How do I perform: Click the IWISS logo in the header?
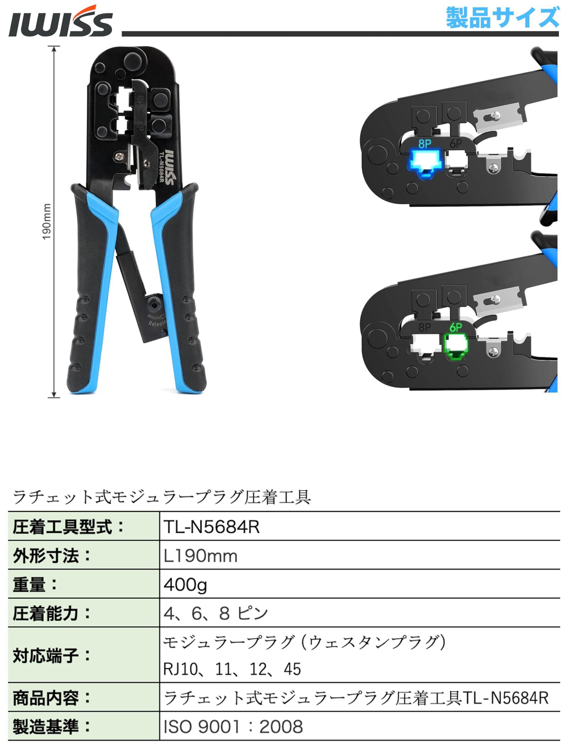pyautogui.click(x=60, y=21)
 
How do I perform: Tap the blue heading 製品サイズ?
pyautogui.click(x=502, y=17)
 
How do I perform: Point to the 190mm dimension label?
pyautogui.click(x=47, y=221)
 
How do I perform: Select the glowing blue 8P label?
pyautogui.click(x=425, y=144)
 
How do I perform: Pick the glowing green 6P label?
pyautogui.click(x=456, y=328)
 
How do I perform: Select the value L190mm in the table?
pyautogui.click(x=200, y=556)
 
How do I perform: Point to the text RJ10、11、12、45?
pyautogui.click(x=232, y=669)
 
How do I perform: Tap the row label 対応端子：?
pyautogui.click(x=52, y=655)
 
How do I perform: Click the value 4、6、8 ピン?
pyautogui.click(x=216, y=613)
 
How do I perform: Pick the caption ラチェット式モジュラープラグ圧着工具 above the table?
pyautogui.click(x=162, y=497)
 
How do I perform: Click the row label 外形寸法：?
pyautogui.click(x=52, y=556)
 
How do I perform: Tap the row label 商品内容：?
pyautogui.click(x=52, y=698)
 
